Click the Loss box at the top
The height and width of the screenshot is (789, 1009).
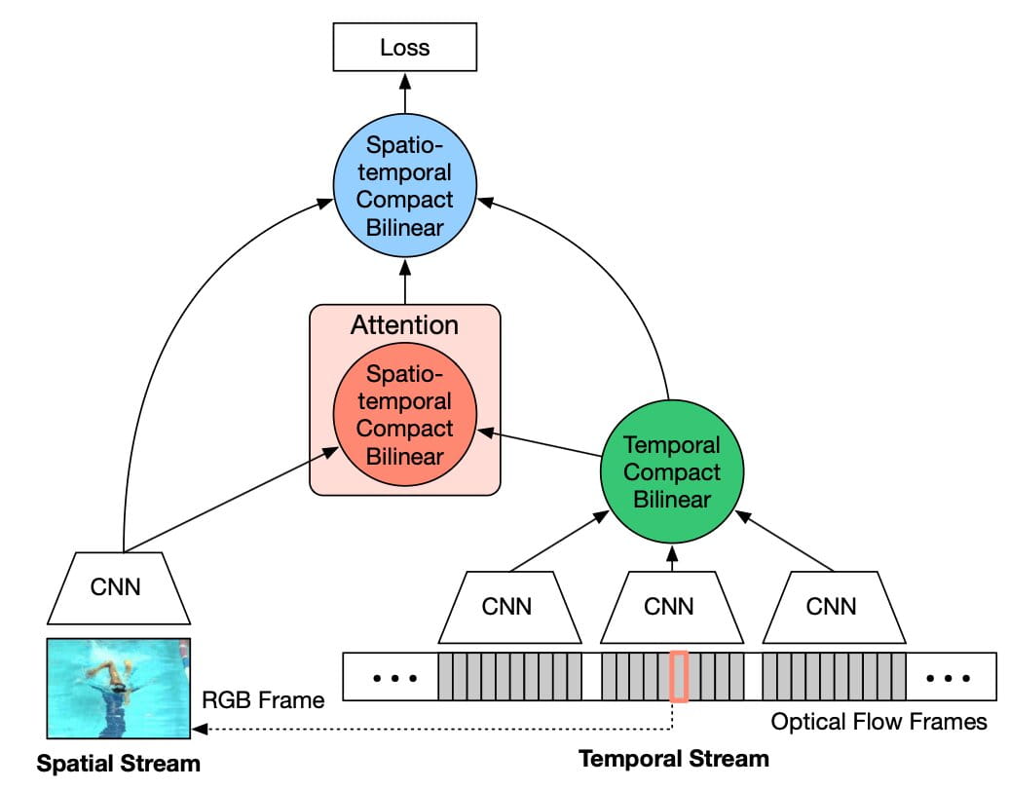coord(404,47)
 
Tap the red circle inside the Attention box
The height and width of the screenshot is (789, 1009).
coord(404,415)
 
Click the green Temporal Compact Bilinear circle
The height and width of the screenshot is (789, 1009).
coord(670,472)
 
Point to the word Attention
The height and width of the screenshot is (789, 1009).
coord(404,324)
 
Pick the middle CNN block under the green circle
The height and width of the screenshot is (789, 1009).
coord(670,607)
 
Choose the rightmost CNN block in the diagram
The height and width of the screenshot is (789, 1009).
coord(832,607)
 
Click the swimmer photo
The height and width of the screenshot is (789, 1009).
coord(119,688)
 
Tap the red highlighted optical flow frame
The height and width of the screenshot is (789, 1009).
coord(680,677)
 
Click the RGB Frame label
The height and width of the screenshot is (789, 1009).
coord(263,700)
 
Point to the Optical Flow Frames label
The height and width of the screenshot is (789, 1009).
coord(878,722)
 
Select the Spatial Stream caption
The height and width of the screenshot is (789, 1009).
coord(118,764)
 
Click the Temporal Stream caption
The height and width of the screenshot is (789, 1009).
coord(674,758)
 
